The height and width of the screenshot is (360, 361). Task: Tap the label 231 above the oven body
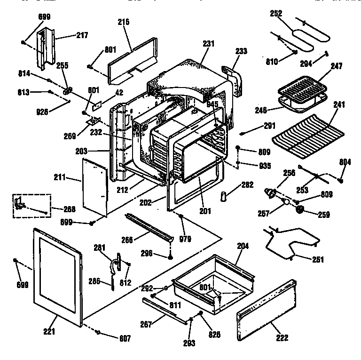click(208, 43)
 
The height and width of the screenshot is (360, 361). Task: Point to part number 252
click(275, 14)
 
